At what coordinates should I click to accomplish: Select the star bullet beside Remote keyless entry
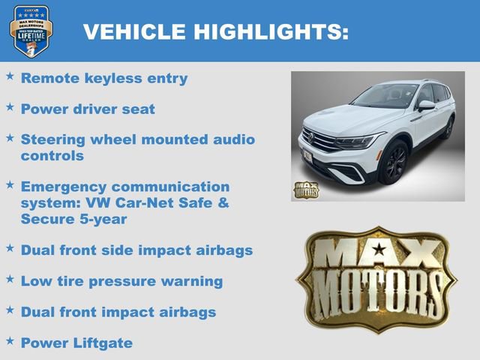pyautogui.click(x=10, y=76)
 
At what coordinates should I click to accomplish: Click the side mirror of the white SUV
pyautogui.click(x=425, y=106)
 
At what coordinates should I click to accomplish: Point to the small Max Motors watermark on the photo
pyautogui.click(x=305, y=190)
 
